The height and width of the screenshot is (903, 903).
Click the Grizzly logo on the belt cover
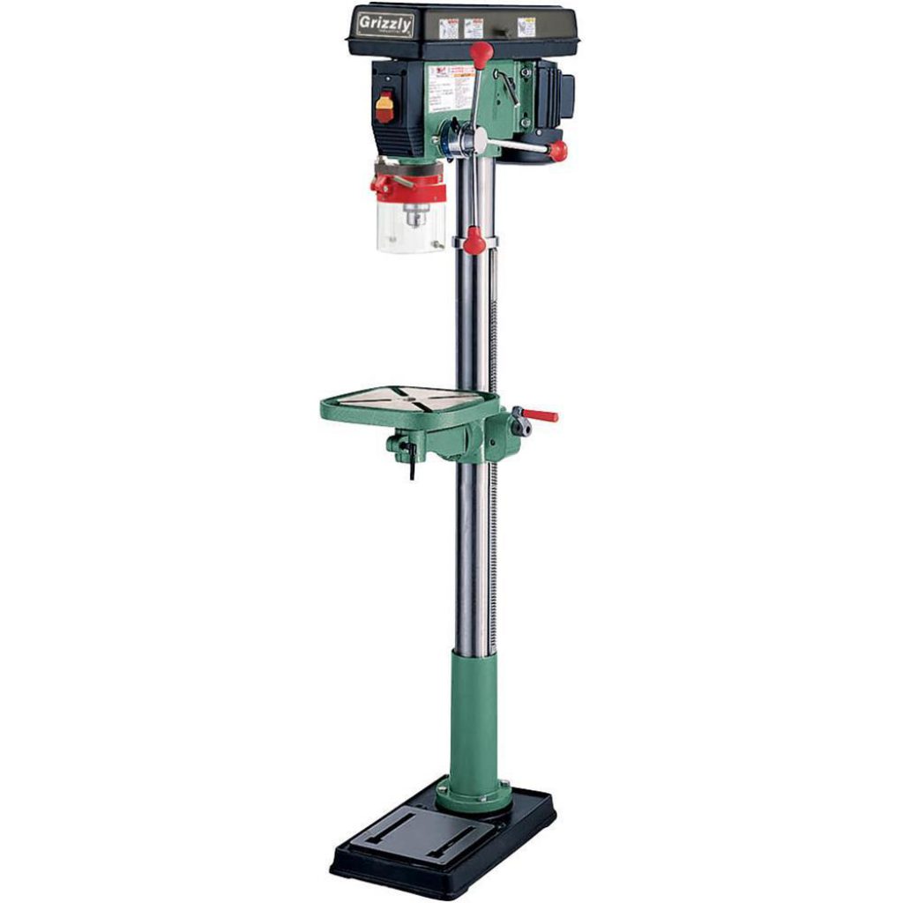click(385, 24)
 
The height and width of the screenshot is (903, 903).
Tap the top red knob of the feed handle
click(481, 53)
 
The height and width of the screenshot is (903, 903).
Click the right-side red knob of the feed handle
click(557, 151)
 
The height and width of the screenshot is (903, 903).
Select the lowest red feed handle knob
click(474, 240)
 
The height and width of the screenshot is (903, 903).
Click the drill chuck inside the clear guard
click(412, 214)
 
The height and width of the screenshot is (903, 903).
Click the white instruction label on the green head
click(451, 87)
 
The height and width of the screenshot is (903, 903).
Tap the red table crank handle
click(540, 414)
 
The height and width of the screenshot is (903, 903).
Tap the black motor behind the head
click(554, 93)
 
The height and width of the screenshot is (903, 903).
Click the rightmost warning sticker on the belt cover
click(526, 26)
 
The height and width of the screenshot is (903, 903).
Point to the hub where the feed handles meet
click(476, 139)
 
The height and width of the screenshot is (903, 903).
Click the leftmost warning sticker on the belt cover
click(449, 28)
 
